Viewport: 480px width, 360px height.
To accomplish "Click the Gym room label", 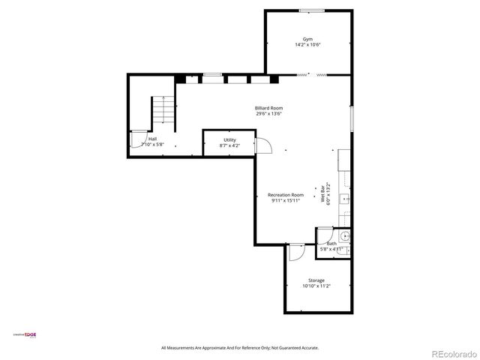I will pyautogui.click(x=307, y=39).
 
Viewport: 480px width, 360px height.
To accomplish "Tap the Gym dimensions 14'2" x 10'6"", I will pyautogui.click(x=307, y=45).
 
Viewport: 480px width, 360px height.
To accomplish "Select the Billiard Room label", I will pyautogui.click(x=268, y=108).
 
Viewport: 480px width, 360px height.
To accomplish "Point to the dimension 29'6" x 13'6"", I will pyautogui.click(x=268, y=114).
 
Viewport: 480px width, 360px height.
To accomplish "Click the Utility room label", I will pyautogui.click(x=229, y=139).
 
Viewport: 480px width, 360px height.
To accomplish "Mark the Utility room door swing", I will pyautogui.click(x=262, y=145).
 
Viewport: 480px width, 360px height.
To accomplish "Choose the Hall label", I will pyautogui.click(x=152, y=139).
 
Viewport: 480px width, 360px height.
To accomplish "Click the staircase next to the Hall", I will pyautogui.click(x=162, y=112).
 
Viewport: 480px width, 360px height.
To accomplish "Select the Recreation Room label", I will pyautogui.click(x=286, y=195).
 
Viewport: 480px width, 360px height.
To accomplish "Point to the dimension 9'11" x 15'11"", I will pyautogui.click(x=286, y=201).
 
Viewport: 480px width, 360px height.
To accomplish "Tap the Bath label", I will pyautogui.click(x=331, y=243).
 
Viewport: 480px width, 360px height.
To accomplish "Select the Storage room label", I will pyautogui.click(x=316, y=280).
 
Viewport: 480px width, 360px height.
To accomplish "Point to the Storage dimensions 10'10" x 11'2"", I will pyautogui.click(x=316, y=286).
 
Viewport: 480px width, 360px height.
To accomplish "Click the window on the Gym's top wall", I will pyautogui.click(x=311, y=10).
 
